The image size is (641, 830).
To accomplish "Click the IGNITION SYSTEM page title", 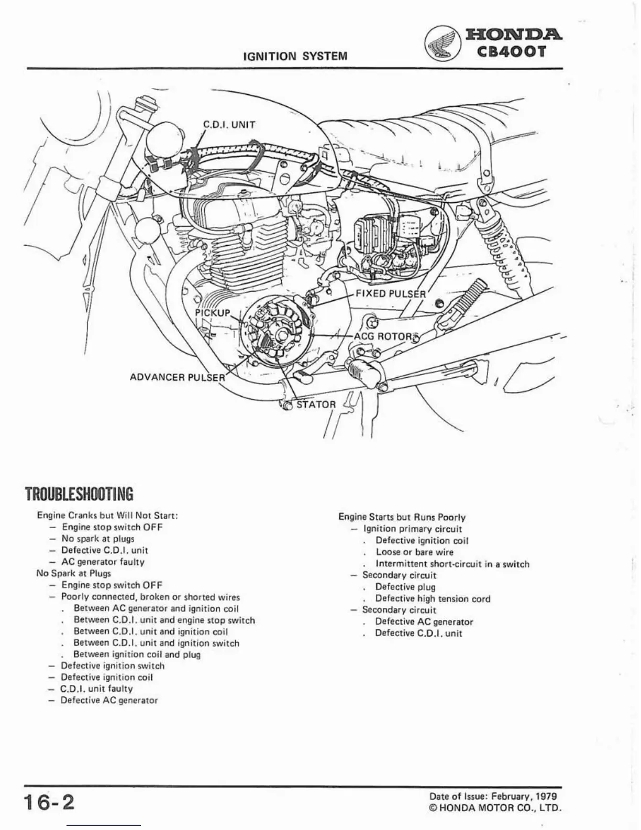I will coord(295,56).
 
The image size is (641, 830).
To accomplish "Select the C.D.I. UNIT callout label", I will coord(229,125).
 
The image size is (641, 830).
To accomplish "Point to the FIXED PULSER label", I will coord(391,293).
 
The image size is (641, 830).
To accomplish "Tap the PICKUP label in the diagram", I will coord(212,313).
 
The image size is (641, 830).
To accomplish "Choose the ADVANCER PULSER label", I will coord(177,377).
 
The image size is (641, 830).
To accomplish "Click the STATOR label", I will coord(316,405).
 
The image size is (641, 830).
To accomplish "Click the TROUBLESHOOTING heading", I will coord(79,494).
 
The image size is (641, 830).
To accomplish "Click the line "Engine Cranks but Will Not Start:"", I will coord(108,515).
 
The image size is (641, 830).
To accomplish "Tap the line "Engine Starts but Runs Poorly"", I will coord(402,517).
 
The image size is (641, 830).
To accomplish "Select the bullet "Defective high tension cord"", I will coord(433,598).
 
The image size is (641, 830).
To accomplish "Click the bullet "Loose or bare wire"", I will coord(414,552).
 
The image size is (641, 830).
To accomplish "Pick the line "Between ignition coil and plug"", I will coord(137,654).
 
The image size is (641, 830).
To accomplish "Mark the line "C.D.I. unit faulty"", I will coord(97,689).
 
